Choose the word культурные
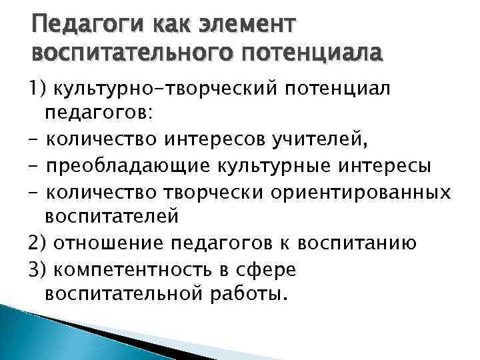tap(251, 165)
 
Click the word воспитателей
tap(112, 216)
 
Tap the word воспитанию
tap(360, 243)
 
